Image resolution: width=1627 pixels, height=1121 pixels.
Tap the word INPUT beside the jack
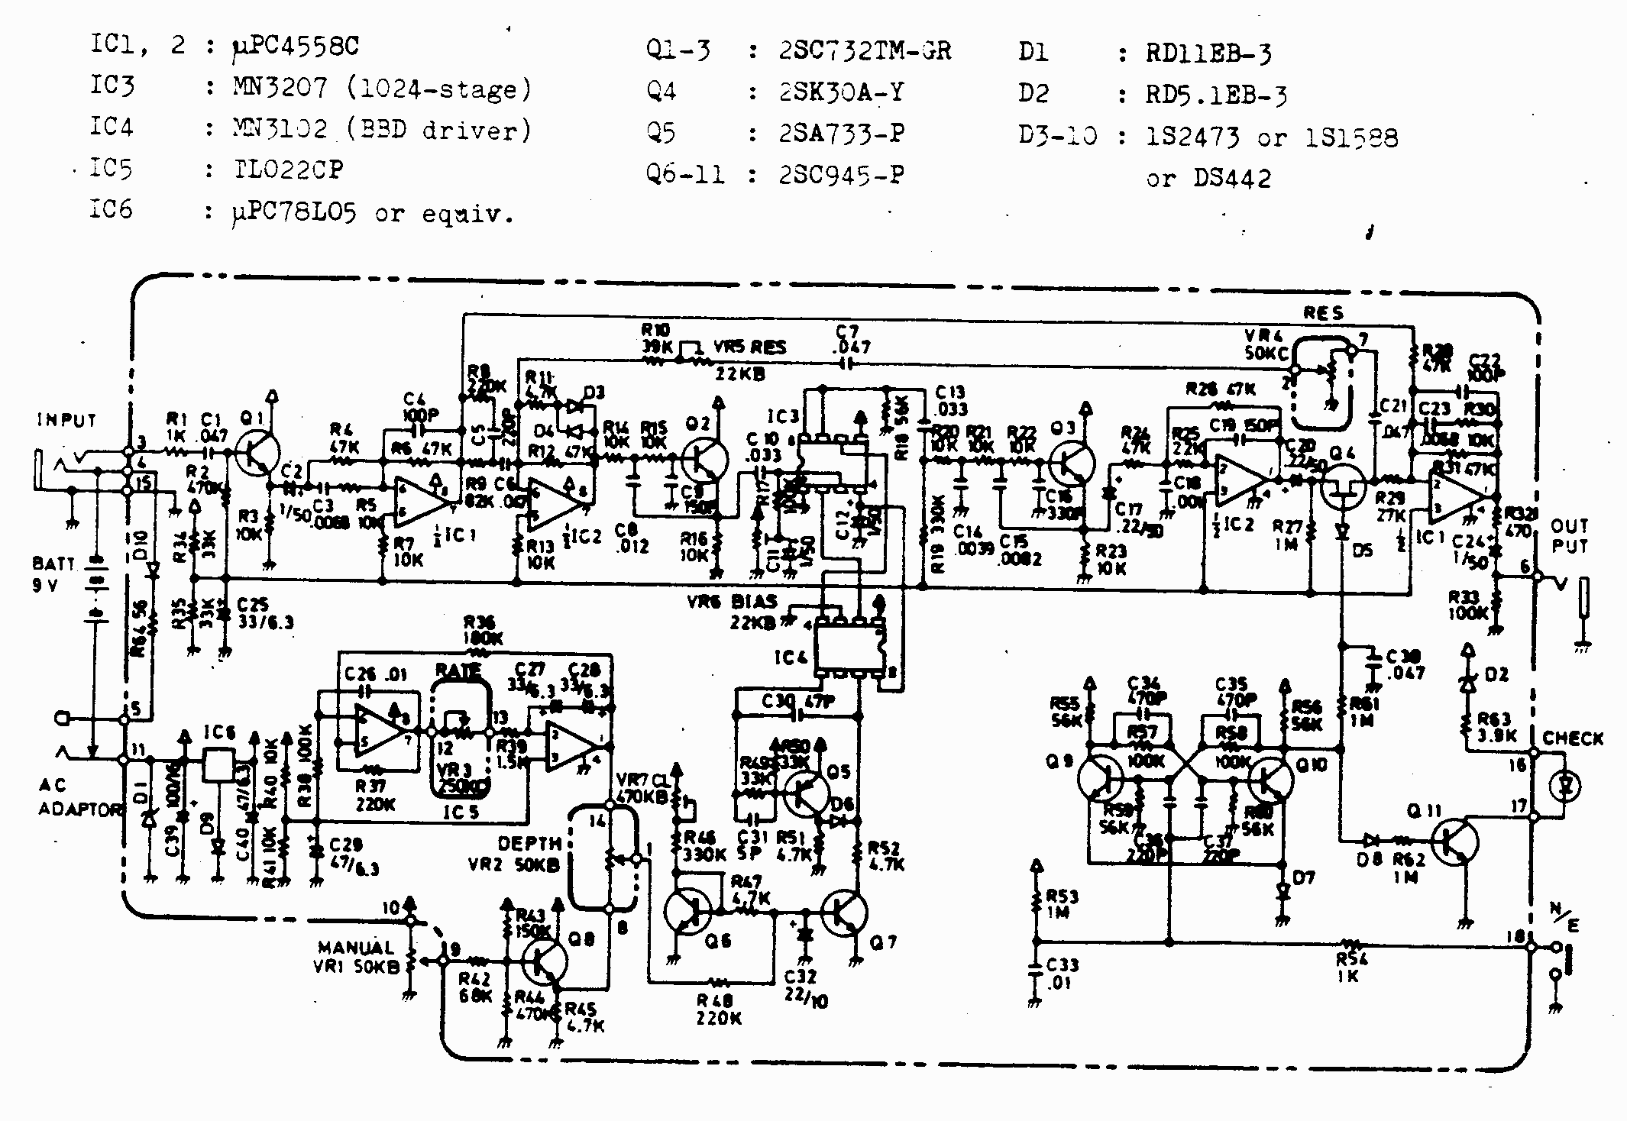(x=67, y=421)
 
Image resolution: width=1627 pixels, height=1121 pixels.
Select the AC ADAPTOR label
(x=76, y=798)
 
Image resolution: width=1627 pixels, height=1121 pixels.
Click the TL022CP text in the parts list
(x=288, y=170)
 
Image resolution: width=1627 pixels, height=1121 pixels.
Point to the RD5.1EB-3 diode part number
(x=1216, y=95)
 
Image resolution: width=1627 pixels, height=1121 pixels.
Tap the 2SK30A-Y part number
(x=841, y=92)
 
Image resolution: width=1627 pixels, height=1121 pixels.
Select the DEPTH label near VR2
(x=529, y=843)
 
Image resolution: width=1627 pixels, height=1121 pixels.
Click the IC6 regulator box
(x=218, y=764)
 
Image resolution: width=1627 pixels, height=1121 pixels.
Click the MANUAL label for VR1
(x=356, y=948)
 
